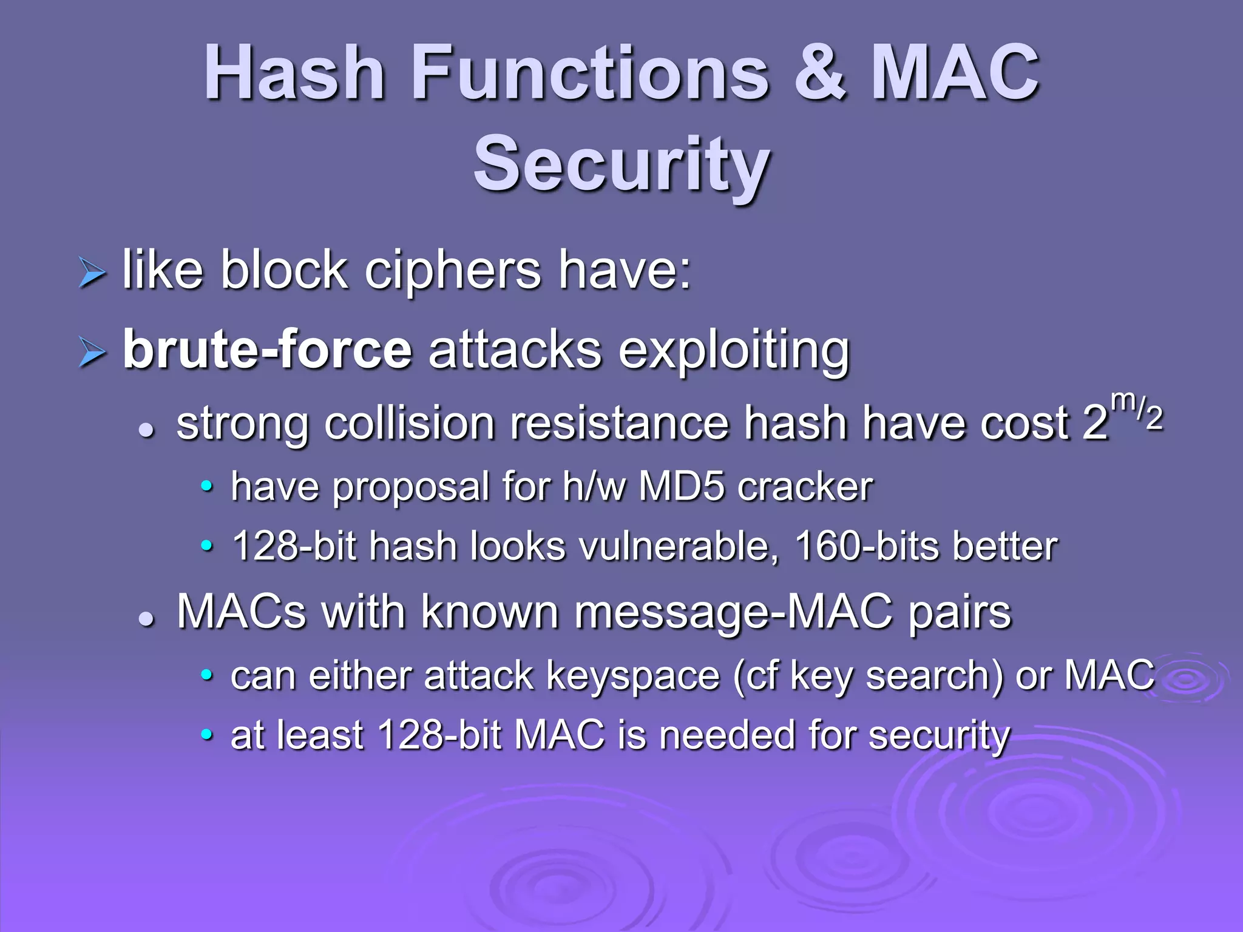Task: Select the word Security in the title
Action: click(x=621, y=164)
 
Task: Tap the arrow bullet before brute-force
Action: click(x=92, y=353)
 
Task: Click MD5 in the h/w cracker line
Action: click(x=682, y=487)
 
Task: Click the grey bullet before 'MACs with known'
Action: click(x=146, y=619)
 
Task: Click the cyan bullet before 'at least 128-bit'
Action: click(x=207, y=735)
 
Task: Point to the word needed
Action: click(x=727, y=735)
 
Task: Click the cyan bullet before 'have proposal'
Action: click(x=207, y=487)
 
